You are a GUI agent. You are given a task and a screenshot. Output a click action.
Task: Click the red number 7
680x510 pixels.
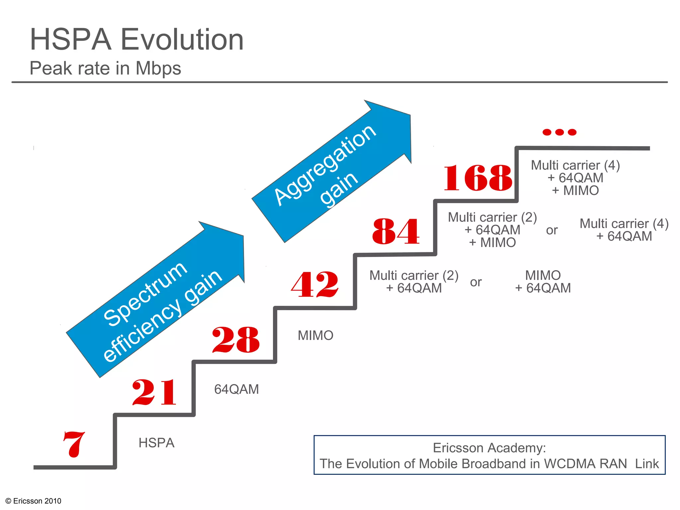74,444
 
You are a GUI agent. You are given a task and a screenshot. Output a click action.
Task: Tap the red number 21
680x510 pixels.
154,392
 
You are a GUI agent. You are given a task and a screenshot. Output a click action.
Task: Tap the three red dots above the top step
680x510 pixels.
559,132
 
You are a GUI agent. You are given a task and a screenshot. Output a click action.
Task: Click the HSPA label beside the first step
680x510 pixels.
156,443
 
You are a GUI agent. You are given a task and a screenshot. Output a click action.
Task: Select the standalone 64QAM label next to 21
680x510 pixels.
236,389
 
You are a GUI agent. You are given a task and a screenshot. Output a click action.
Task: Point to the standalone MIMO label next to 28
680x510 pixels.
315,335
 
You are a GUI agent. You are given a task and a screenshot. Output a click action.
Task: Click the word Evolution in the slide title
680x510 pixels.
182,40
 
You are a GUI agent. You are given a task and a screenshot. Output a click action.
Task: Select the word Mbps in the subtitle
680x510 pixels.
158,68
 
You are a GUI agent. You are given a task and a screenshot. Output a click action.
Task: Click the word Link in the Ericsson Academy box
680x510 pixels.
646,464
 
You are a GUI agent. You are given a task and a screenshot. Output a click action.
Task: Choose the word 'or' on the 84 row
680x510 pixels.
552,230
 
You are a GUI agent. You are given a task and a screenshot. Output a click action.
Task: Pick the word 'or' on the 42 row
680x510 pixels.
475,282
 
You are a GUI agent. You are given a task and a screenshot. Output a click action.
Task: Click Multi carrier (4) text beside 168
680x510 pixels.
575,165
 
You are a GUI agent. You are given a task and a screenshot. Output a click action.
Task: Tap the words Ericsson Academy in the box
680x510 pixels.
489,448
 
